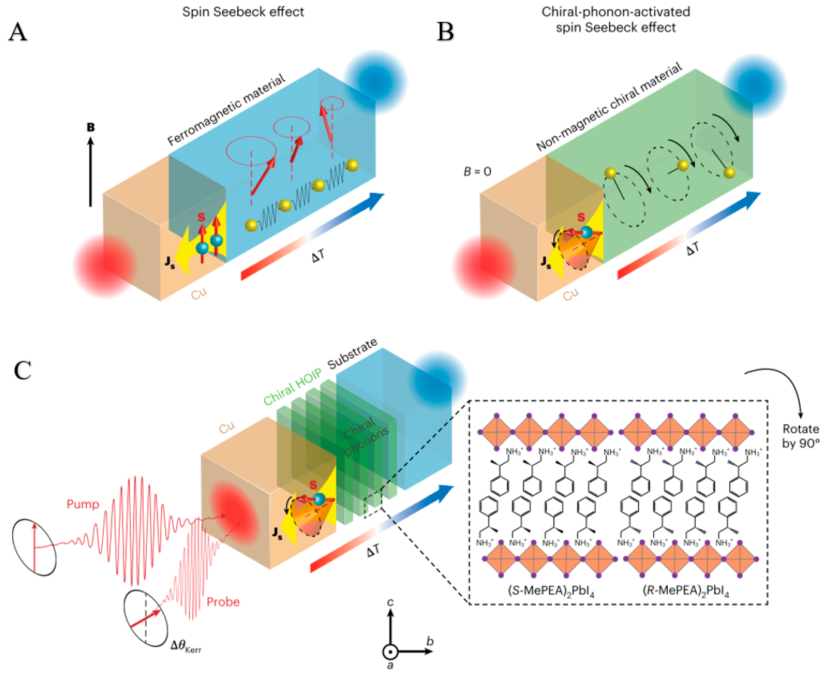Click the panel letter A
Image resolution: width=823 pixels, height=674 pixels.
pyautogui.click(x=18, y=32)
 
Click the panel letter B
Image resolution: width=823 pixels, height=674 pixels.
pyautogui.click(x=445, y=32)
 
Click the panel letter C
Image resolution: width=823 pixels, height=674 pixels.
pyautogui.click(x=22, y=371)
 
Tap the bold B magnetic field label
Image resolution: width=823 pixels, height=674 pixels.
pyautogui.click(x=91, y=127)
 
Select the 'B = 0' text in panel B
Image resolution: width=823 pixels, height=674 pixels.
pyautogui.click(x=477, y=171)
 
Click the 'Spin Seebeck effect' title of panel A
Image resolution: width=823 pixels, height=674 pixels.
pyautogui.click(x=243, y=12)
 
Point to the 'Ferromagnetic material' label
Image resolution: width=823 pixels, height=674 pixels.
pyautogui.click(x=226, y=110)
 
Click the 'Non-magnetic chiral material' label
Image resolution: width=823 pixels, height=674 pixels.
pyautogui.click(x=609, y=107)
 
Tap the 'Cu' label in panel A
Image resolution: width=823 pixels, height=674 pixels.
pyautogui.click(x=199, y=294)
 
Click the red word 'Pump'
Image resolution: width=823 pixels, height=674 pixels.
pyautogui.click(x=83, y=504)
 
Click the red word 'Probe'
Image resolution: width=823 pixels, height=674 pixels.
pyautogui.click(x=223, y=602)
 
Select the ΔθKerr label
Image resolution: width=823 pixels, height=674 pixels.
pyautogui.click(x=186, y=646)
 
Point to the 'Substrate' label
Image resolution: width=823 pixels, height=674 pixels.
pyautogui.click(x=352, y=354)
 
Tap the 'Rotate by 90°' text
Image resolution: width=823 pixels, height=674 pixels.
pyautogui.click(x=801, y=436)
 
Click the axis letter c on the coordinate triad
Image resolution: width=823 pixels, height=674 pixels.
pyautogui.click(x=390, y=602)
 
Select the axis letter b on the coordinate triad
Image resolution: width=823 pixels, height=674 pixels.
pyautogui.click(x=430, y=641)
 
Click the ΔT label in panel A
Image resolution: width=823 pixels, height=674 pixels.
pyautogui.click(x=318, y=256)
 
